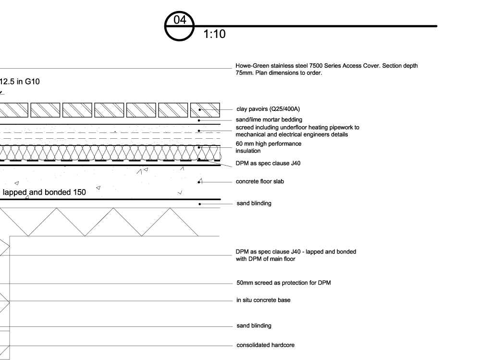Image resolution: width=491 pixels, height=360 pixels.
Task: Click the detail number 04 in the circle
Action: (180, 20)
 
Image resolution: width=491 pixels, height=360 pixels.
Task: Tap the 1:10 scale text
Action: (214, 34)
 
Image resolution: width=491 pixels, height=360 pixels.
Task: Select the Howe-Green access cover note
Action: (327, 69)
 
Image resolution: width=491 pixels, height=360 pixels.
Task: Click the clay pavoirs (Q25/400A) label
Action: (268, 109)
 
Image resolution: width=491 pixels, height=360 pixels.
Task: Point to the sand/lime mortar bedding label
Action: (269, 120)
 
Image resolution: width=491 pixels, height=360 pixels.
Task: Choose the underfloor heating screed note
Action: (297, 131)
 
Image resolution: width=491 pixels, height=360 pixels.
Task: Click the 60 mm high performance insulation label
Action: (269, 147)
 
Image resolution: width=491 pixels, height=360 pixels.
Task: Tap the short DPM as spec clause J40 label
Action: (268, 163)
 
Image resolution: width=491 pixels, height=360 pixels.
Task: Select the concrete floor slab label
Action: (260, 181)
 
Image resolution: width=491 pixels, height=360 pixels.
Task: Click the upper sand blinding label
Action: (254, 204)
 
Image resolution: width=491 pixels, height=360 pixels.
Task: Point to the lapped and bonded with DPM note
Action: (296, 255)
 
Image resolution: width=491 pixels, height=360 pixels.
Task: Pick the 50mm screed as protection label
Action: (284, 283)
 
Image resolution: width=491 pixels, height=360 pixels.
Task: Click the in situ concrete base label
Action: (263, 300)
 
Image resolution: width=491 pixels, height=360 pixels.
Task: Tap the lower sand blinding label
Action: (254, 325)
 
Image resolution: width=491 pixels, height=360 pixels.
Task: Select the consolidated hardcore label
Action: (266, 345)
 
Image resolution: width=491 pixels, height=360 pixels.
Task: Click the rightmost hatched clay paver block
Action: (205, 110)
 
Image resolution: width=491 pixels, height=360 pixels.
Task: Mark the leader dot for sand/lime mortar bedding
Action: (199, 120)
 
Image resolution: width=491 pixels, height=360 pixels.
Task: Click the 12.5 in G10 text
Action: (19, 82)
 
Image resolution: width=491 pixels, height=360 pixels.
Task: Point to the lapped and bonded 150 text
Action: (44, 192)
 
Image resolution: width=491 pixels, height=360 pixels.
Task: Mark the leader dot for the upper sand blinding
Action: (200, 204)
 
